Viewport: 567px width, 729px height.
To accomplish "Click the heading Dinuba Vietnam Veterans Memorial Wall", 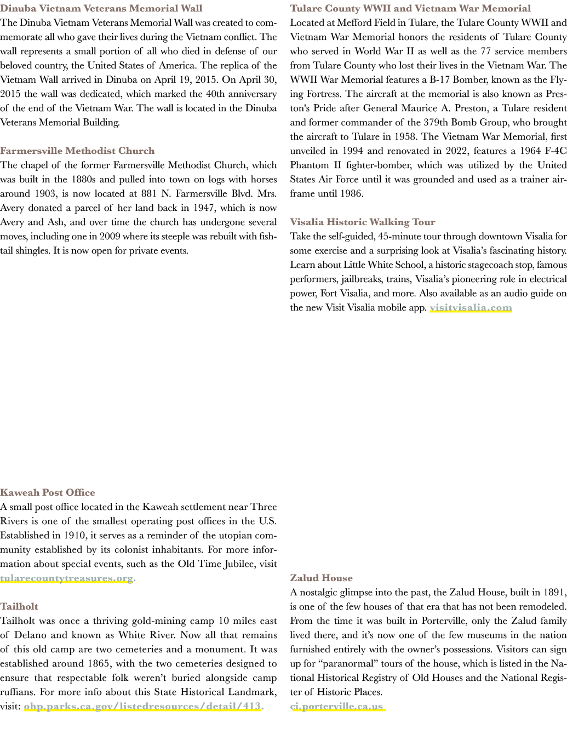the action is pos(101,8).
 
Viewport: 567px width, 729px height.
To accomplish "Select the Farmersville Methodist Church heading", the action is pos(77,151).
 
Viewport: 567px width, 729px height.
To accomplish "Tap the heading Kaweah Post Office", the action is pos(47,492).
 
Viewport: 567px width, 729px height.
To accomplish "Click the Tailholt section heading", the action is pos(19,606).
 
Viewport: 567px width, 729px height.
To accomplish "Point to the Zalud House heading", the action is pos(322,578).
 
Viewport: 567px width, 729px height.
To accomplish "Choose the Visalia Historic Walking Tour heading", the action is pos(363,222).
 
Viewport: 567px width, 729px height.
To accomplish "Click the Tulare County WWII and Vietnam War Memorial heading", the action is pos(410,8).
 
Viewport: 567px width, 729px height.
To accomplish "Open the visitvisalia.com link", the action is pos(471,308).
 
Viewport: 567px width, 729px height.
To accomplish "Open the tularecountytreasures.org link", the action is pos(66,578).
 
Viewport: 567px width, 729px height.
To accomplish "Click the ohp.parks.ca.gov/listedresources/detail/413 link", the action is pos(142,706).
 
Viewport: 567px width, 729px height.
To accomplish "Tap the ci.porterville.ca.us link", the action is pos(336,706).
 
